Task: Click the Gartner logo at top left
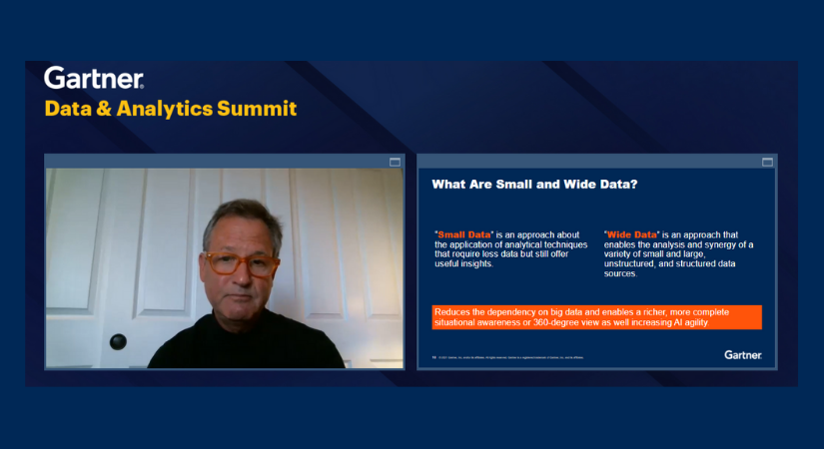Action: pos(94,79)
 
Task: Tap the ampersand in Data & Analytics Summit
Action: pos(103,109)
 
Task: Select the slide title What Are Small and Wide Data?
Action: pos(534,185)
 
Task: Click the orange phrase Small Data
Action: pos(463,234)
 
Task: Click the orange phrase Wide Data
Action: pos(632,234)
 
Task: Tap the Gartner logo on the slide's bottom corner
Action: pos(743,354)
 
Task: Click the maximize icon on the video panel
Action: pos(395,162)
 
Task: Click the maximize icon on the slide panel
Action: pos(767,162)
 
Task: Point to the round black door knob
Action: pos(118,341)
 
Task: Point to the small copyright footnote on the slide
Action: pos(510,356)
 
